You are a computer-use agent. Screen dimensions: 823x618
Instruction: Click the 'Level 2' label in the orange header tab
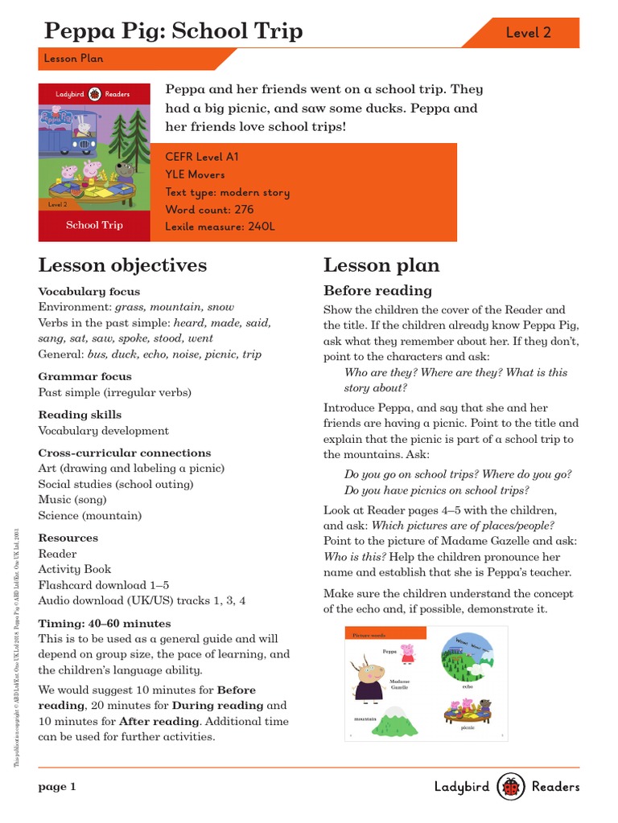coord(528,33)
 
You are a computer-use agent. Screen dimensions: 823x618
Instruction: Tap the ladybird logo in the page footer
coord(511,787)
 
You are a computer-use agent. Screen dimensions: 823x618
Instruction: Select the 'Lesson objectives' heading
coord(122,265)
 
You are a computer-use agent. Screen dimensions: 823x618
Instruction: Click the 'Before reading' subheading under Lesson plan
coord(377,290)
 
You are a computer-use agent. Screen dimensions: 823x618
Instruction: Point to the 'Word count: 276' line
coord(209,210)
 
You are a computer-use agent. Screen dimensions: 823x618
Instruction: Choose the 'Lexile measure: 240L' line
coord(220,227)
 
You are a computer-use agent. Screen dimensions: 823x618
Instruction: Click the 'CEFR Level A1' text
coord(201,158)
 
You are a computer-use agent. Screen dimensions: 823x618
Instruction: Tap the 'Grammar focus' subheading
coord(84,376)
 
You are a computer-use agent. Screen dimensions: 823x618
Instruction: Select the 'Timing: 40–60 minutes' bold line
coord(105,623)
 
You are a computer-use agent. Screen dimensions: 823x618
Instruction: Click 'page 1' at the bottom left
coord(57,787)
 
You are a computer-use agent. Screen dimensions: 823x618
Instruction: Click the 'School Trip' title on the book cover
coord(94,225)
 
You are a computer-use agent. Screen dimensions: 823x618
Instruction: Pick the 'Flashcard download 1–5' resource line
coord(104,584)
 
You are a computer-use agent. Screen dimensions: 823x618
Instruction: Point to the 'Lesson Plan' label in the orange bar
coord(73,59)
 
